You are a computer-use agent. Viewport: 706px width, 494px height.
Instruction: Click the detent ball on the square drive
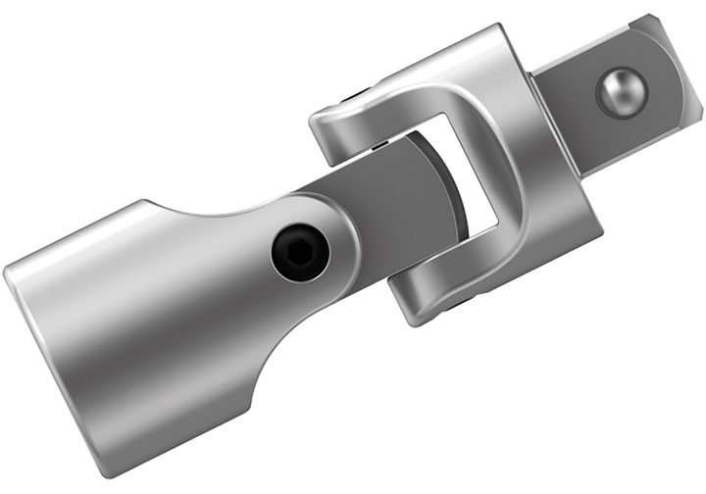(620, 90)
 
